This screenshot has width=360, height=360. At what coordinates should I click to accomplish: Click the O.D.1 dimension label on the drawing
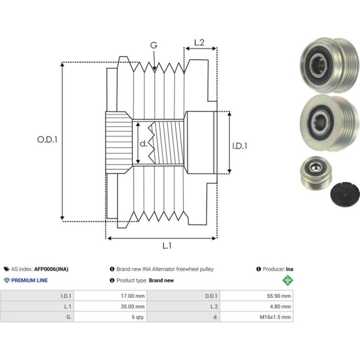coord(47,139)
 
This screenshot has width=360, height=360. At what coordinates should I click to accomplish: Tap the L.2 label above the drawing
coord(199,43)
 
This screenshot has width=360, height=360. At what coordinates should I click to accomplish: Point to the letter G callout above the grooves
coord(154,45)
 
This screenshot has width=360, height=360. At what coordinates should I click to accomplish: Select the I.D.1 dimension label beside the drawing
coord(240,146)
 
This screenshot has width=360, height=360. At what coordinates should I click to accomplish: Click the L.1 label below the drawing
coord(167,246)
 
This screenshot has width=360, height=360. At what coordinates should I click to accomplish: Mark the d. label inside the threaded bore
coord(143,144)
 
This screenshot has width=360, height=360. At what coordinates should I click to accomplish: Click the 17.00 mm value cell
coord(110,295)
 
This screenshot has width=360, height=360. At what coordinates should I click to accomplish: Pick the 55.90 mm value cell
coord(257,295)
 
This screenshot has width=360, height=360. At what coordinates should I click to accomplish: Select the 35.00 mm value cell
coord(110,306)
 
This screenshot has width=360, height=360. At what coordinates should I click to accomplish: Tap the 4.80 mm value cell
coord(257,306)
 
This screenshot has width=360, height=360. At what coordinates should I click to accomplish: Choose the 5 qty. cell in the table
coord(110,317)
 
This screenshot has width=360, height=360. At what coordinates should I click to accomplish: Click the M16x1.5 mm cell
coord(257,317)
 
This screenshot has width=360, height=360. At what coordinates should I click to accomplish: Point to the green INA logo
coord(288,281)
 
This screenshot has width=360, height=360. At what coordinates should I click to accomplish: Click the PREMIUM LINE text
coord(29,281)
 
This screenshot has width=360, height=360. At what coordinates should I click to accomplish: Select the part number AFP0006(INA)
coord(51,269)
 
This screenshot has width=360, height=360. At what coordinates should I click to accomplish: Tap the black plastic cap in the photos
coord(345,194)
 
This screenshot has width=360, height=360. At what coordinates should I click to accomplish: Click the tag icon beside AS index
coord(7,269)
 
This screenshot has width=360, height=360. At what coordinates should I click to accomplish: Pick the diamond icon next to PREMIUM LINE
coord(7,281)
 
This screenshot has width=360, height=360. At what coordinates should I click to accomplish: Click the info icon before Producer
coord(259,269)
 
